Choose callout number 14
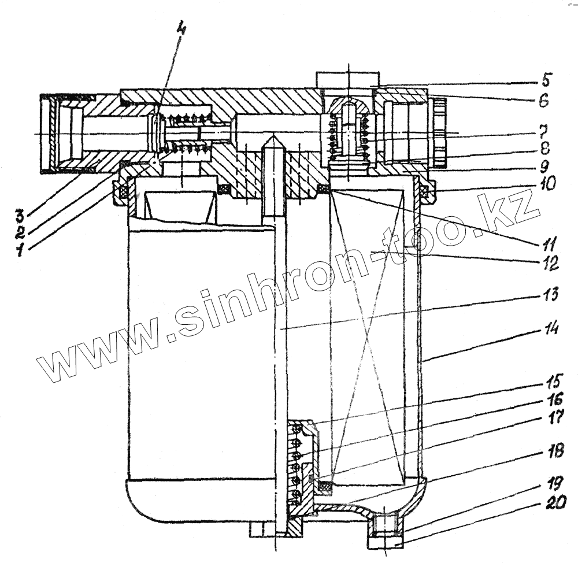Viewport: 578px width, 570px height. point(550,330)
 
